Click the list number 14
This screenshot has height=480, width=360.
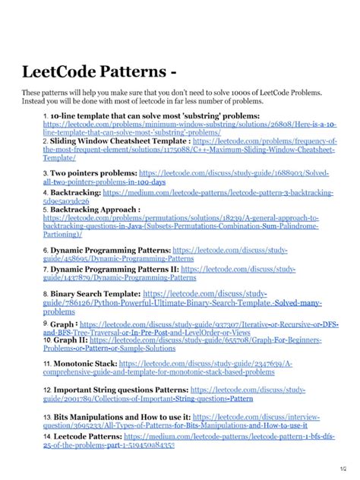pyautogui.click(x=46, y=437)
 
